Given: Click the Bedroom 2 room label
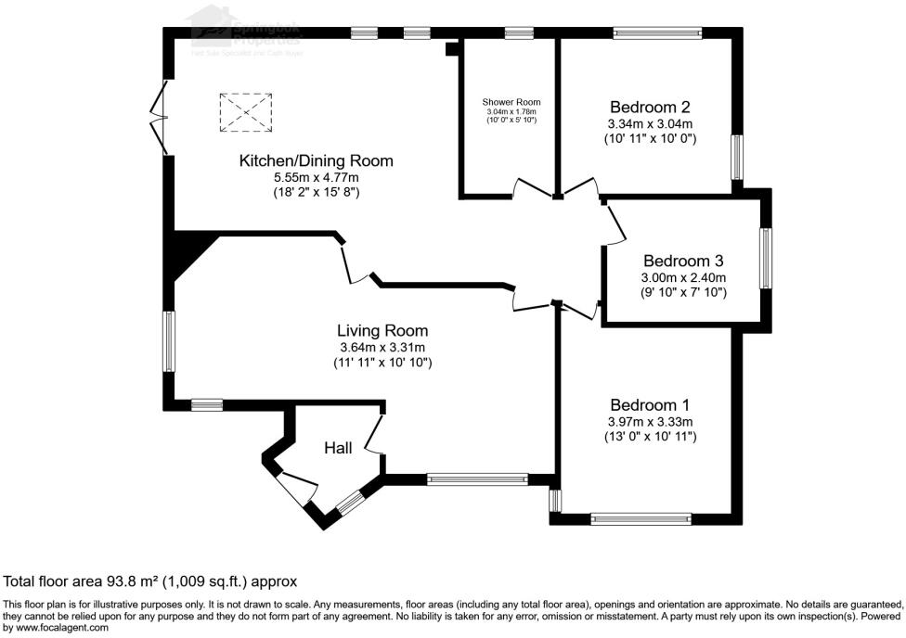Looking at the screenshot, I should click(650, 106).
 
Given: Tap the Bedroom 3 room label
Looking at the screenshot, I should click(683, 261).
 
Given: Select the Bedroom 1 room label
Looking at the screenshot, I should click(650, 404).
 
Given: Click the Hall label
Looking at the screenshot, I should click(338, 448).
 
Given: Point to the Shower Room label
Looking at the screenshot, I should click(511, 102).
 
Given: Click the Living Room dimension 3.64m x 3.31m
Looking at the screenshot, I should click(382, 347).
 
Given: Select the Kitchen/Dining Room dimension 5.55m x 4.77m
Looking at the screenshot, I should click(316, 177).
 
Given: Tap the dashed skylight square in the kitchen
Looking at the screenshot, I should click(245, 112).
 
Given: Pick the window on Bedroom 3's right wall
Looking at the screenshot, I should click(766, 259).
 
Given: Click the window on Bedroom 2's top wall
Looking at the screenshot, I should click(656, 33).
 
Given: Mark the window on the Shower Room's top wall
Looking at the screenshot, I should click(519, 33).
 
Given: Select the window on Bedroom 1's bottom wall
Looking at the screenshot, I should click(641, 519).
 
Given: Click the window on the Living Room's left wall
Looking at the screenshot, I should click(170, 342).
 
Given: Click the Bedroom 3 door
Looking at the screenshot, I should click(615, 223).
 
